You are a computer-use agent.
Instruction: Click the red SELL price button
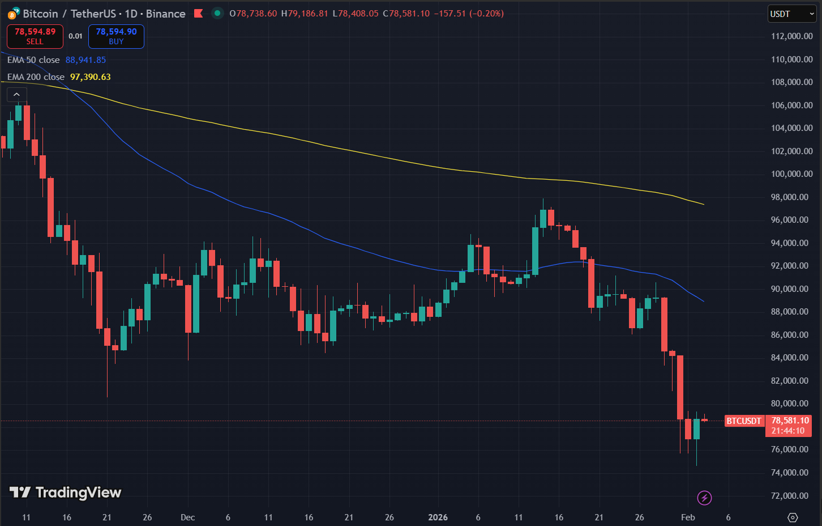click(35, 36)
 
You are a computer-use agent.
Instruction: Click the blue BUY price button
click(116, 36)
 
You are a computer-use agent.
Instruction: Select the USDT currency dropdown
click(791, 14)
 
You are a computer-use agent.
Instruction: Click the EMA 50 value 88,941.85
click(85, 60)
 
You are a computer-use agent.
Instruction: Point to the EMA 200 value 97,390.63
click(91, 77)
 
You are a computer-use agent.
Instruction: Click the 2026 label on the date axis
click(438, 517)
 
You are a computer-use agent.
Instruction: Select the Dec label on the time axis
click(187, 517)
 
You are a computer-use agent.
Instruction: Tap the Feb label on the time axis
click(688, 517)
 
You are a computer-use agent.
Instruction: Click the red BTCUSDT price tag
click(744, 421)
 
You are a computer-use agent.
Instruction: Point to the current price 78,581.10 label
click(790, 421)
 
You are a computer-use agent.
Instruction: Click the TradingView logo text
click(78, 493)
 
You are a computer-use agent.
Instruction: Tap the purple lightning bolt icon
click(704, 498)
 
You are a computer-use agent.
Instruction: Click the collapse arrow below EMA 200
click(16, 95)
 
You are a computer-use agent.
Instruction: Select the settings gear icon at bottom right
click(793, 517)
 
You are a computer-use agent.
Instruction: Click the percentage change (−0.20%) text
click(486, 14)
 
